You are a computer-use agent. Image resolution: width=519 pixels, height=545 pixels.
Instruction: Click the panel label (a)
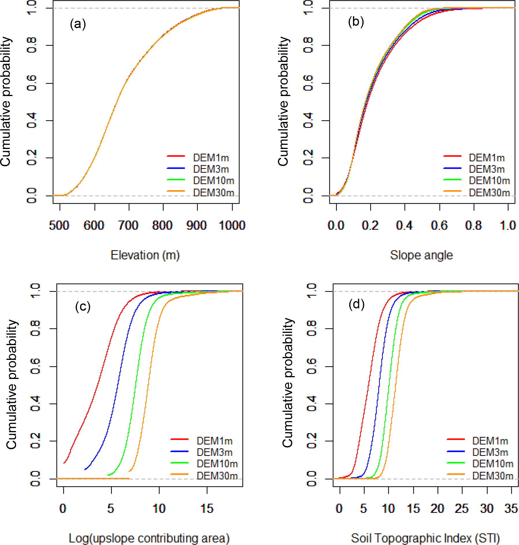pyautogui.click(x=78, y=24)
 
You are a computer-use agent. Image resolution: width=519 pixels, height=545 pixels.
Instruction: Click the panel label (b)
pyautogui.click(x=356, y=22)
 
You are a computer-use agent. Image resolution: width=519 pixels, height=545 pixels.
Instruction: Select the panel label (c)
pyautogui.click(x=83, y=306)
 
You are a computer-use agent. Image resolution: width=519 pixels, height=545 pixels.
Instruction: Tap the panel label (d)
pyautogui.click(x=357, y=304)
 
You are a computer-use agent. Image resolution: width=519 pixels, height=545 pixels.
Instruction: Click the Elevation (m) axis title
pyautogui.click(x=145, y=255)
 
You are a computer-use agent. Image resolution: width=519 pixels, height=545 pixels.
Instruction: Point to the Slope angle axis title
pyautogui.click(x=421, y=255)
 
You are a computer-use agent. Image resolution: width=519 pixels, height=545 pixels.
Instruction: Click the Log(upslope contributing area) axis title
pyautogui.click(x=149, y=538)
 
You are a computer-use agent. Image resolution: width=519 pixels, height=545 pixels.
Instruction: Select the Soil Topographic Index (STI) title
pyautogui.click(x=425, y=538)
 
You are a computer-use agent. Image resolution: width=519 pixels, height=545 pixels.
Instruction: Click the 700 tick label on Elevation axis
pyautogui.click(x=128, y=225)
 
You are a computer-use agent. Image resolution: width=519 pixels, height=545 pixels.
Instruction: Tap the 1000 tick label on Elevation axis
pyautogui.click(x=232, y=225)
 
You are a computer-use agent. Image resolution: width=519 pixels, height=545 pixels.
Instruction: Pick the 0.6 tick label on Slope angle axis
pyautogui.click(x=439, y=225)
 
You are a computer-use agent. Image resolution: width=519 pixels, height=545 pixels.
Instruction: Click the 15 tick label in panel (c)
pyautogui.click(x=207, y=508)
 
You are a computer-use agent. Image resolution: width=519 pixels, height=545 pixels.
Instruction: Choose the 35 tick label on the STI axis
pyautogui.click(x=511, y=508)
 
